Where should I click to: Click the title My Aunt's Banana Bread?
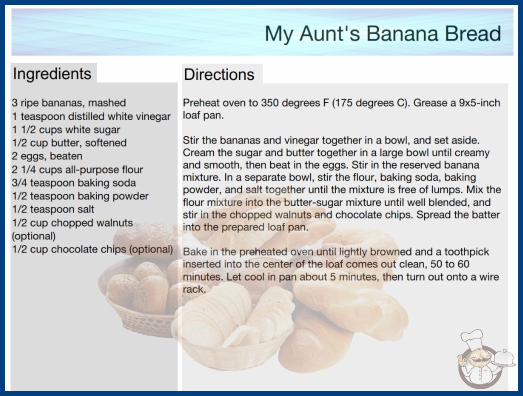pos(382,33)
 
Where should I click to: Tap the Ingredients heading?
pos(52,73)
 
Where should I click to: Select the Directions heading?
pos(219,74)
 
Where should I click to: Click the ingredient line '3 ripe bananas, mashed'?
pos(68,103)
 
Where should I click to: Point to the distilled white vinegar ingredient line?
pos(91,116)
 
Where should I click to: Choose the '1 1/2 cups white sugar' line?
pos(66,129)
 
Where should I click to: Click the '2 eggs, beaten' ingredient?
pos(47,156)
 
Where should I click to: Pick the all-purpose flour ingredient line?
pos(77,169)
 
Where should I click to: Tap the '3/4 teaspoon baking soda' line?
pos(73,183)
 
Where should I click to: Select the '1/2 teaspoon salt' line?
pos(53,209)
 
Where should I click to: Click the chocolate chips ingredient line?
pos(92,249)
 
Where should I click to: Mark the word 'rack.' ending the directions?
pos(194,289)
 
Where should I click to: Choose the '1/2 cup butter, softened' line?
pos(69,143)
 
